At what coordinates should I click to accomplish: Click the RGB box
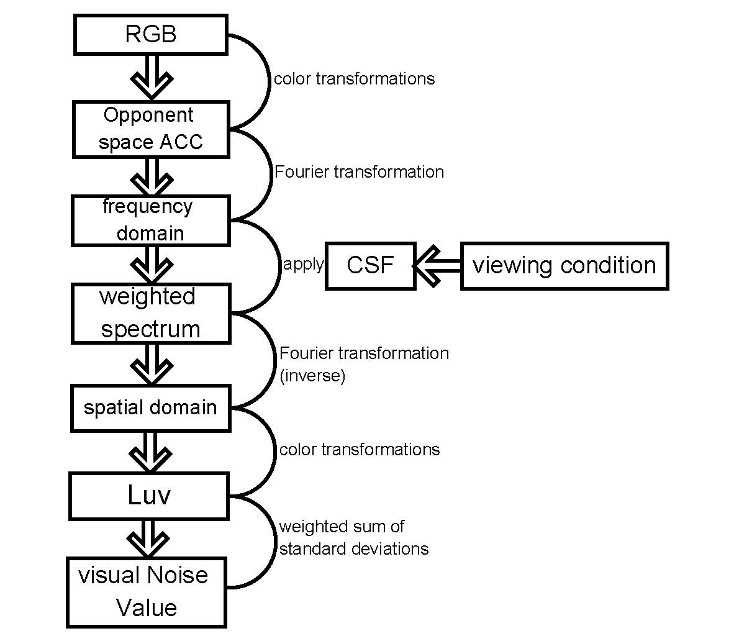coord(151,34)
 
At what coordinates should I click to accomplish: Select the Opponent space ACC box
coord(151,129)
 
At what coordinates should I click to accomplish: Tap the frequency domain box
coord(151,220)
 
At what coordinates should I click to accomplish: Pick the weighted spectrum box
coord(151,313)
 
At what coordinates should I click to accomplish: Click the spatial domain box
coord(151,408)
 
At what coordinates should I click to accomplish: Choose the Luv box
coord(149,496)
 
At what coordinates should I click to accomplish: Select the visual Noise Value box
coord(147,592)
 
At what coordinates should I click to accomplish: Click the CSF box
coord(370,266)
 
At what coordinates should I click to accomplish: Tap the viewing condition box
coord(564,266)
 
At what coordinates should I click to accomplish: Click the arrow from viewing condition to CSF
coord(438,266)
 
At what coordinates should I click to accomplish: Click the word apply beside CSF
coord(303,265)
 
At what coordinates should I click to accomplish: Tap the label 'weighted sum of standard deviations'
coord(353,538)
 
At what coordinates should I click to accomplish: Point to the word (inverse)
coord(312,376)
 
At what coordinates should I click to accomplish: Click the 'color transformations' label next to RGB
coord(354,79)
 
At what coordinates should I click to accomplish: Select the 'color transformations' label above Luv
coord(360,450)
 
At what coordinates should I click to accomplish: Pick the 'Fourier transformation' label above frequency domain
coord(360,172)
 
